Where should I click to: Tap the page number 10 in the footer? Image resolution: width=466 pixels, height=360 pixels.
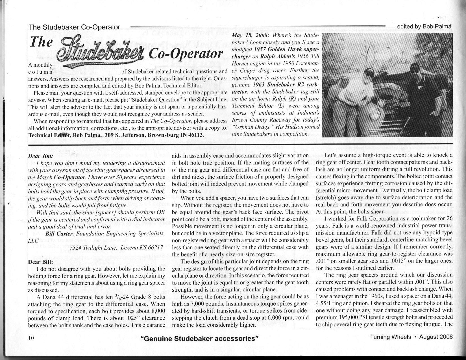coord(31,337)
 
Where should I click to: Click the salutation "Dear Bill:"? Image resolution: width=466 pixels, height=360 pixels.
coord(39,261)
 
